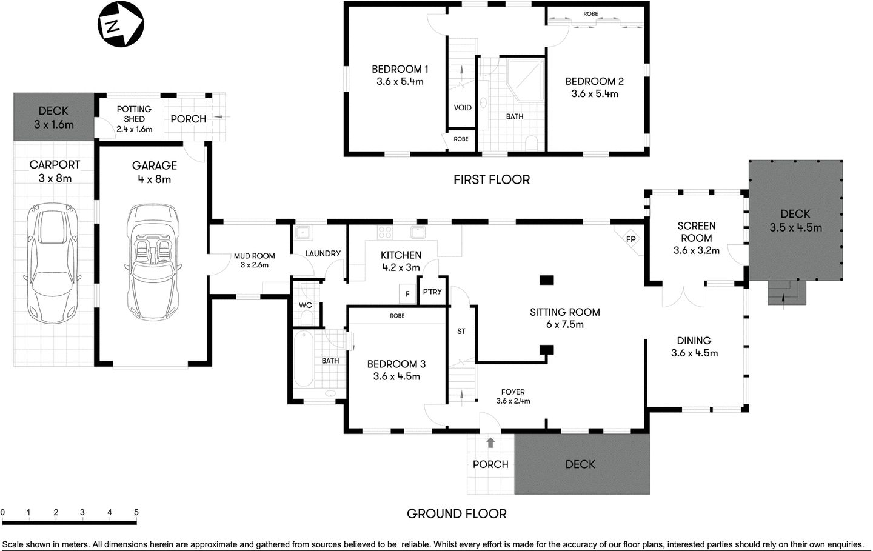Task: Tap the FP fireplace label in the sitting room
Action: coord(630,239)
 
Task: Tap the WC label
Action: coord(306,305)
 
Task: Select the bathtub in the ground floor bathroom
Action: coord(303,361)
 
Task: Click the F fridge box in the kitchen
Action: coord(407,293)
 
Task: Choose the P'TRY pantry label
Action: coord(432,292)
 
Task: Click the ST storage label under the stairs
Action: coord(461,331)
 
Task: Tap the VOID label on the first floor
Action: coord(463,108)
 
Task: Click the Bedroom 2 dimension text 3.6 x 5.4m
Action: coord(594,94)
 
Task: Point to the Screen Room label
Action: coord(696,232)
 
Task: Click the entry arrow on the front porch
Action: coord(490,443)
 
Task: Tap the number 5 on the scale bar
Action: coord(136,513)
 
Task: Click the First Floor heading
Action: coord(491,179)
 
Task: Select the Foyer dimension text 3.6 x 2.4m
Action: coord(513,401)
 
